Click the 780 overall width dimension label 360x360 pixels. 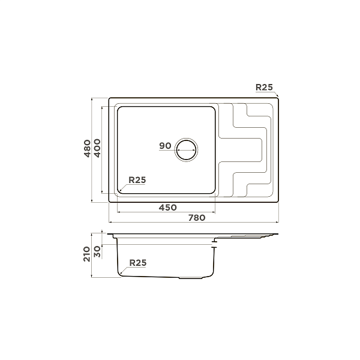197,218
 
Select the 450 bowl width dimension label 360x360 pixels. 168,208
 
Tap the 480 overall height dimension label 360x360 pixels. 87,148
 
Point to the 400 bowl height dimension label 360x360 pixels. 97,148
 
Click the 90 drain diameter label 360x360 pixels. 166,146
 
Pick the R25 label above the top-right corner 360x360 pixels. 264,87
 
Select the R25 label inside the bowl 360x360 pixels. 137,180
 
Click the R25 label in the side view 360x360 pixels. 138,263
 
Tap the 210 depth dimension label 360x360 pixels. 87,254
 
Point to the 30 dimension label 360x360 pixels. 97,251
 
